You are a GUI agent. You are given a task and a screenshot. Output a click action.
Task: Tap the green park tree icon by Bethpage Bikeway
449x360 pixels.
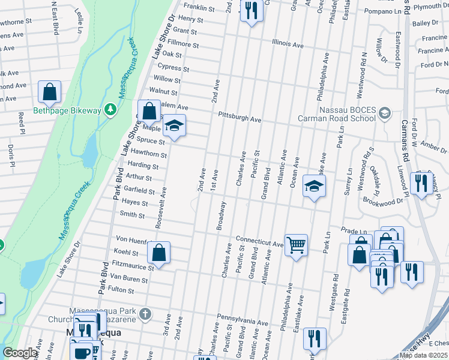[109, 109]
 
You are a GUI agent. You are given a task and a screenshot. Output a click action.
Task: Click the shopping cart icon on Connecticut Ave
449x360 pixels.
[296, 244]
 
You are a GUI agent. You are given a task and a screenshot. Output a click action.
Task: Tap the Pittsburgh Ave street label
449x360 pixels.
[240, 116]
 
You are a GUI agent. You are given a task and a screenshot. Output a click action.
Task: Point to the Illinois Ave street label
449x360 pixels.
[288, 44]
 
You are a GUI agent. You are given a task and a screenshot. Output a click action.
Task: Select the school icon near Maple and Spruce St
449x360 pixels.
[174, 126]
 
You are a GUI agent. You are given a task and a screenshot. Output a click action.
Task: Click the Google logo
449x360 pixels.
[20, 353]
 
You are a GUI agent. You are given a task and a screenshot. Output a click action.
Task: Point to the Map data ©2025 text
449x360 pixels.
[424, 355]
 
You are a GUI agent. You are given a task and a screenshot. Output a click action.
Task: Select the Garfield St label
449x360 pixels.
[139, 190]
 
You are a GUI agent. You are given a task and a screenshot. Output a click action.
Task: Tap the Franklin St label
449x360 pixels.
[199, 8]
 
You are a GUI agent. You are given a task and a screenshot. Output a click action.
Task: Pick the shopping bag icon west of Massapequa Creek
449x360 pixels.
[49, 92]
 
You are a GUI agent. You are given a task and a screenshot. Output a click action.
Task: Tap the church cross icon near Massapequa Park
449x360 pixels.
[144, 314]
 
